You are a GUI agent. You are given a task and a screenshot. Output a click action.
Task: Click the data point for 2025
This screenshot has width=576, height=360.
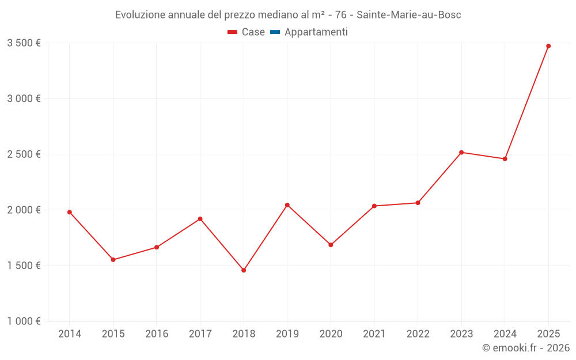(x=548, y=46)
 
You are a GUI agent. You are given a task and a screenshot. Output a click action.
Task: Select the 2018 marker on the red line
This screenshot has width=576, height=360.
(x=244, y=270)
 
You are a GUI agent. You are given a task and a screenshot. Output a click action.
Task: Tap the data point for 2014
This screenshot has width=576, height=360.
(x=70, y=212)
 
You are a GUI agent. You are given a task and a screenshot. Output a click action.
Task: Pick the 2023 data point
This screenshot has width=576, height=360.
(x=461, y=152)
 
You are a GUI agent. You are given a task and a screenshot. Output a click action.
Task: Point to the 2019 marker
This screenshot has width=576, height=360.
(x=287, y=205)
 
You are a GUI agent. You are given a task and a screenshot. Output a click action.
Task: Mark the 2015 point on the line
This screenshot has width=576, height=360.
(x=113, y=260)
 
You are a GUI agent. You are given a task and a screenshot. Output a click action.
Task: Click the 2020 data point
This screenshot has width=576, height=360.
(x=331, y=245)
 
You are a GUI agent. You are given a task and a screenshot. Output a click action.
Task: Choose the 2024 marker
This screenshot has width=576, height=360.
(x=505, y=159)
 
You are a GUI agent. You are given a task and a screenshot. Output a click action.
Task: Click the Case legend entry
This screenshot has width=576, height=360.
(x=247, y=32)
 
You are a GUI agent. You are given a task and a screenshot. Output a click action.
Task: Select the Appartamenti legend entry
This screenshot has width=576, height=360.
(x=309, y=32)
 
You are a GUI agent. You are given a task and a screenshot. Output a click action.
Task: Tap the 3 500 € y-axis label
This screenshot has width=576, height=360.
(x=24, y=43)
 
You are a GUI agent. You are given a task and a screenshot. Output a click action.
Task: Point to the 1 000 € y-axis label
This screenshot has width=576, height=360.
(x=24, y=321)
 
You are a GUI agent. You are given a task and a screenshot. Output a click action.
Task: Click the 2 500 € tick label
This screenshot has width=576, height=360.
(x=24, y=154)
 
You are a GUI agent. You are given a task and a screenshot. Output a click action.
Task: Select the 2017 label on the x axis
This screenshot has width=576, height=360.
(x=200, y=334)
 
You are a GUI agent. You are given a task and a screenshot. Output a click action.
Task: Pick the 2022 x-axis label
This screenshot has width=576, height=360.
(x=418, y=334)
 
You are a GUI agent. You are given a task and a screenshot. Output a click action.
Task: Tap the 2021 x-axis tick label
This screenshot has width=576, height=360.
(x=374, y=334)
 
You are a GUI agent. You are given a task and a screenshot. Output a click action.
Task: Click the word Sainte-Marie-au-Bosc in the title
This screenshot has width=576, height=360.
(x=409, y=15)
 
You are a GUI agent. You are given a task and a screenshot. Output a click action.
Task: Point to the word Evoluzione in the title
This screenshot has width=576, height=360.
(x=141, y=15)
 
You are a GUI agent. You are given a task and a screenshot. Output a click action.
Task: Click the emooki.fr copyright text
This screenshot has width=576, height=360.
(x=526, y=348)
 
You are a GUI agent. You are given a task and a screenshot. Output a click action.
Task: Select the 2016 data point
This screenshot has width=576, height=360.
(x=157, y=247)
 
